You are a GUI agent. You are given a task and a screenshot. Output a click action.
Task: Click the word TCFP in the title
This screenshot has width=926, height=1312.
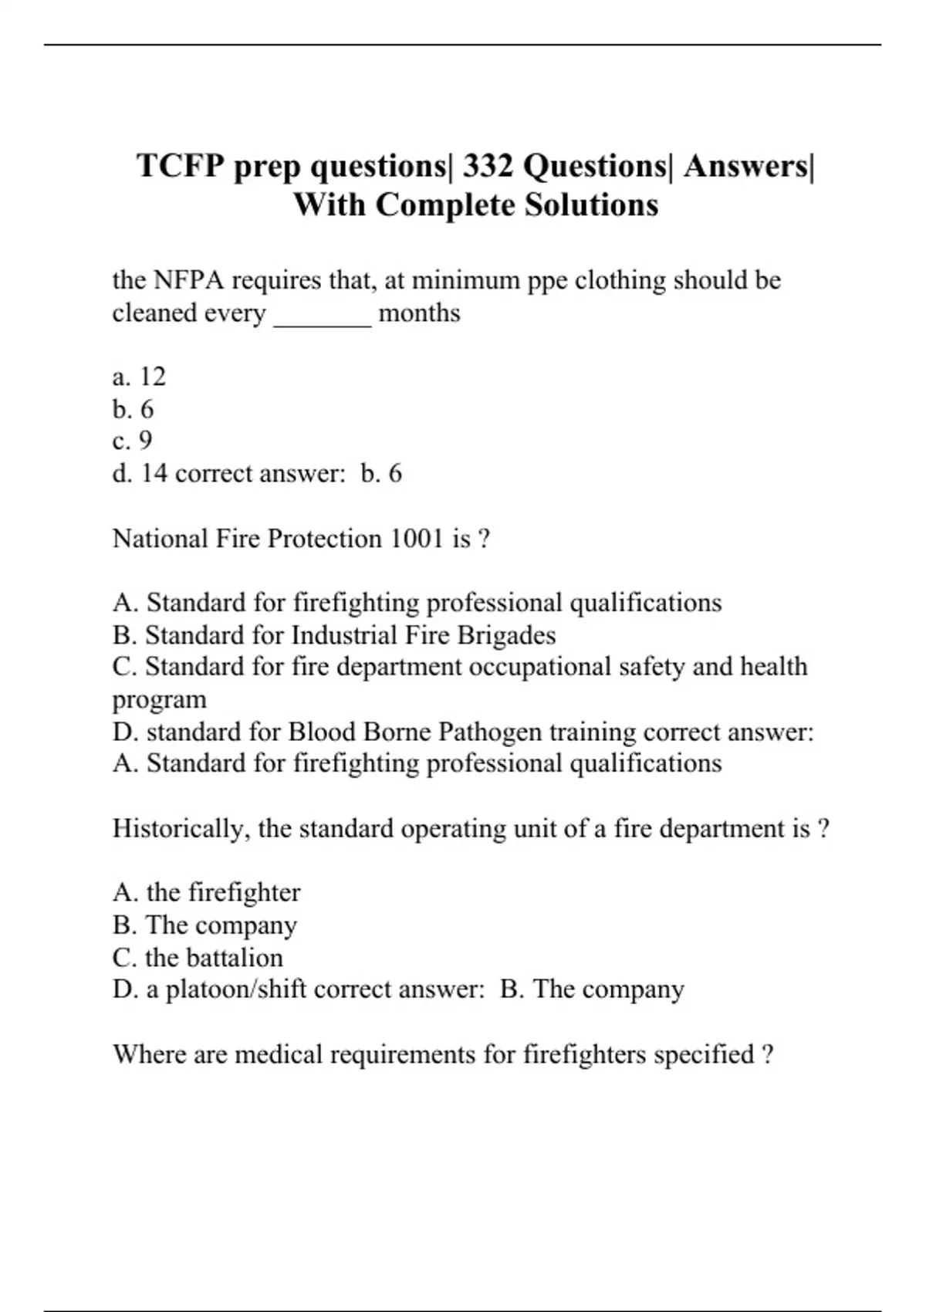181,166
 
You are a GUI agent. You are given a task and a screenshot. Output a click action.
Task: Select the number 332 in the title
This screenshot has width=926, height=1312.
488,166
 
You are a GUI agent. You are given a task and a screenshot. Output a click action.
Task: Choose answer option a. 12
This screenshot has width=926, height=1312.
139,377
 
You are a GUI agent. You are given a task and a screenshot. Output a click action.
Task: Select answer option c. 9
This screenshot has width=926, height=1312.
132,441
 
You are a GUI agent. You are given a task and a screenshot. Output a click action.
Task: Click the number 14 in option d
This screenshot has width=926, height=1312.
154,473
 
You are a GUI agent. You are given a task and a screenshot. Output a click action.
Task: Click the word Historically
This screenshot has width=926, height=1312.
181,828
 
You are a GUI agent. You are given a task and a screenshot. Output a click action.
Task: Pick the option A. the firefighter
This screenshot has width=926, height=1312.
206,893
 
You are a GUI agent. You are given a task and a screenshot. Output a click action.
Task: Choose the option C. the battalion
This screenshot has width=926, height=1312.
198,958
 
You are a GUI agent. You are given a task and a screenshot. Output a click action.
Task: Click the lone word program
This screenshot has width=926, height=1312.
160,700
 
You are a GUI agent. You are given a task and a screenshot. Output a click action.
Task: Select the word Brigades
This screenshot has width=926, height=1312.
506,635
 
